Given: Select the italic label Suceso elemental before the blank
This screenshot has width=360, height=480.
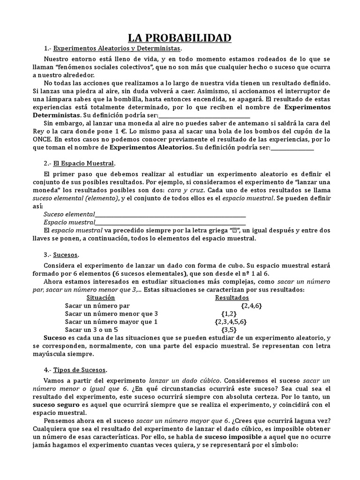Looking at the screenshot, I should point(69,215).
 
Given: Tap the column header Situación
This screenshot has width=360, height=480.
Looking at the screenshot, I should point(101,298).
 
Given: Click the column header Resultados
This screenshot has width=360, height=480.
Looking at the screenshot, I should point(232,298).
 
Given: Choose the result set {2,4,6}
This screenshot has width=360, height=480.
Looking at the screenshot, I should point(251,306).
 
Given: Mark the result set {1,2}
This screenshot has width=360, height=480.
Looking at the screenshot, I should point(228,314).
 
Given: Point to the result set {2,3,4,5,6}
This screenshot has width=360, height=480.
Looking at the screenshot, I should point(231,322).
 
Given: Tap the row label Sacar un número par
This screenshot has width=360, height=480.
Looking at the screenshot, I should point(93,306).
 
